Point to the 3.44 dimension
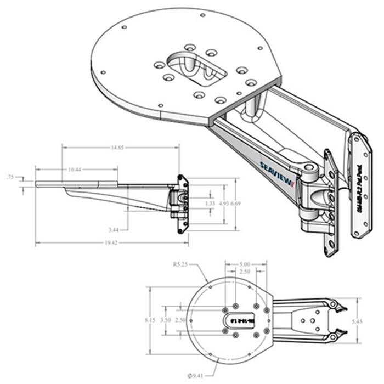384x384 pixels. click(115, 229)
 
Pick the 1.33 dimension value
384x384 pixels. click(209, 204)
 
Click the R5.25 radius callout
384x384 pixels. click(180, 264)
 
